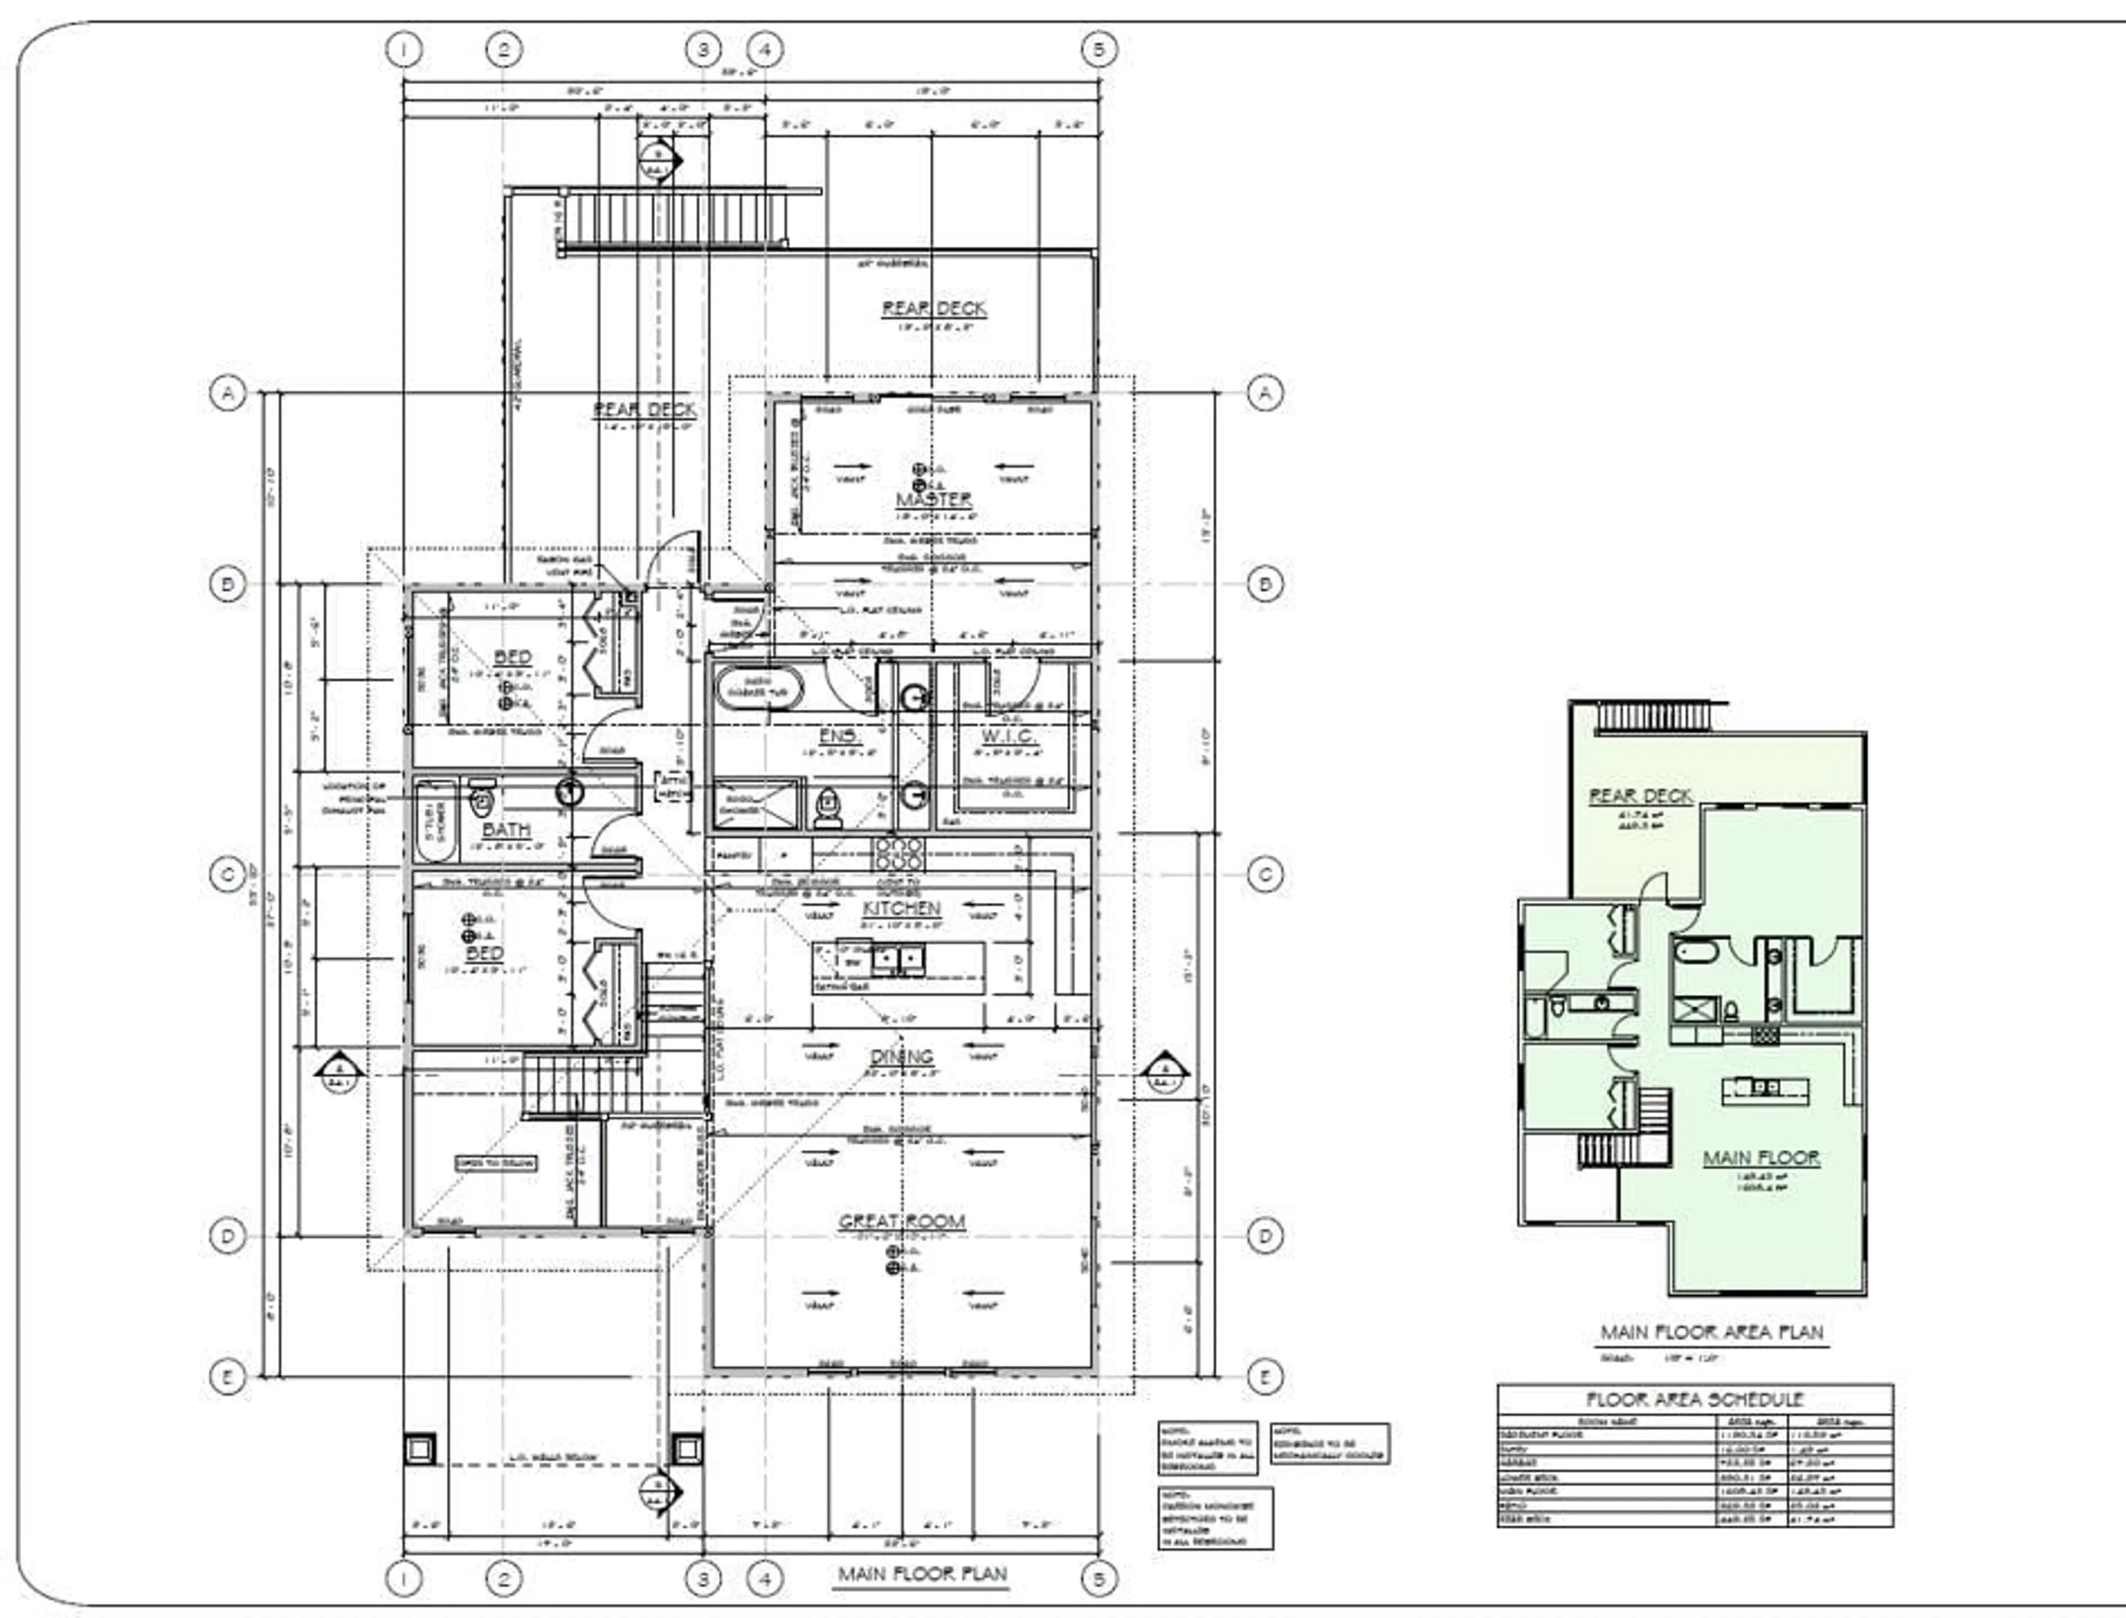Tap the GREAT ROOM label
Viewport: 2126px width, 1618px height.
pyautogui.click(x=902, y=1221)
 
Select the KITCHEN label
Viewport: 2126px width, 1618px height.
pyautogui.click(x=901, y=908)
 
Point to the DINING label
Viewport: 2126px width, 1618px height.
pyautogui.click(x=902, y=1057)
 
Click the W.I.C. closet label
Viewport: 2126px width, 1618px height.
pyautogui.click(x=1009, y=737)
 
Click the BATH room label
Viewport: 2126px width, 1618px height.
pyautogui.click(x=505, y=829)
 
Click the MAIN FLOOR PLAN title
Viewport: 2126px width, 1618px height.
pyautogui.click(x=922, y=1575)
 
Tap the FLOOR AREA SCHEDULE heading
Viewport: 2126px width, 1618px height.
pyautogui.click(x=1695, y=1399)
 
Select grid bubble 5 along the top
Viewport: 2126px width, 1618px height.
pyautogui.click(x=1099, y=49)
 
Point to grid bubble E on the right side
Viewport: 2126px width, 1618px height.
pyautogui.click(x=1265, y=1376)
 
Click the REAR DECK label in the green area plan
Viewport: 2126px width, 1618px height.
pyautogui.click(x=1639, y=797)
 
